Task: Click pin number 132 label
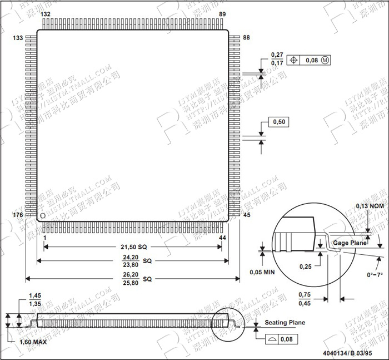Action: [46, 14]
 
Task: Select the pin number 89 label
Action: [222, 14]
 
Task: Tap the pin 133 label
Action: [18, 38]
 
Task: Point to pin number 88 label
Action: [247, 38]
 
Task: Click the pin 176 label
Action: [18, 215]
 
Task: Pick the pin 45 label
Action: [247, 215]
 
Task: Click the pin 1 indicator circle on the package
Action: [42, 215]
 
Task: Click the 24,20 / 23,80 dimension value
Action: [131, 260]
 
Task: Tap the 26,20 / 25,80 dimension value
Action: [131, 278]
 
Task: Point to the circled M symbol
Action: [326, 60]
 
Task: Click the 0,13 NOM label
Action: [370, 206]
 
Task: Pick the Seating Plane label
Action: [285, 323]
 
